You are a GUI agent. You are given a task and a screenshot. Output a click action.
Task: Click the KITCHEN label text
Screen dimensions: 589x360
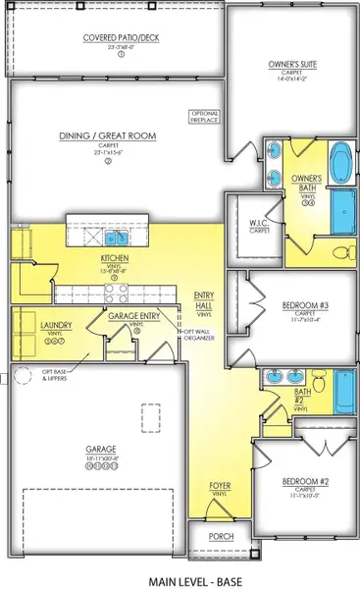[115, 259]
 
